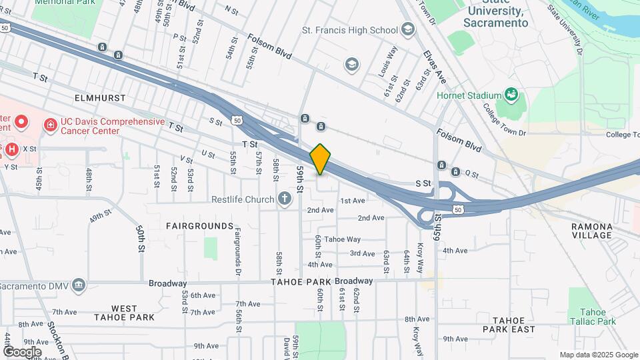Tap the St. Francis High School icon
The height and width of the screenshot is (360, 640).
tap(407, 29)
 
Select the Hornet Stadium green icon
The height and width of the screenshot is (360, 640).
tap(511, 95)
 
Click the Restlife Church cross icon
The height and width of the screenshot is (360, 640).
tap(285, 199)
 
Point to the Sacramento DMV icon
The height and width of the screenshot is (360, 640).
tap(79, 285)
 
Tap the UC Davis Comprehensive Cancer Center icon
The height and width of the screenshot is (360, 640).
tap(50, 125)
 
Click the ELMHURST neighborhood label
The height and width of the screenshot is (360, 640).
tap(100, 98)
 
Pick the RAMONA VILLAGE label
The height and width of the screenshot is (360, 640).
tap(591, 231)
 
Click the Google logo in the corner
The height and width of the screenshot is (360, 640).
tap(21, 351)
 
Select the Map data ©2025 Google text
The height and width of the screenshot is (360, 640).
tap(598, 355)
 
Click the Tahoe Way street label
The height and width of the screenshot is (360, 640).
tap(342, 239)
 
